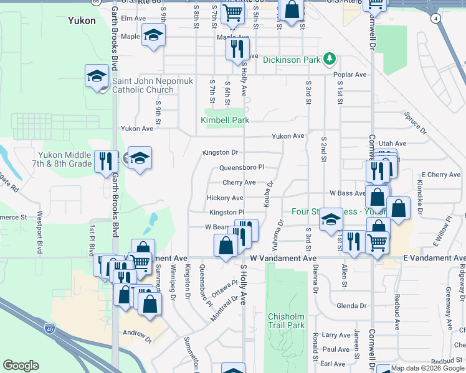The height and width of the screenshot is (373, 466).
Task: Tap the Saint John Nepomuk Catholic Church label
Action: pyautogui.click(x=143, y=85)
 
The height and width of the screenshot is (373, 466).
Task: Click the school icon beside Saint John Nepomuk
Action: pyautogui.click(x=97, y=76)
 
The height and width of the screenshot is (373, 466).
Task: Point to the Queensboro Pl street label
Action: pyautogui.click(x=242, y=168)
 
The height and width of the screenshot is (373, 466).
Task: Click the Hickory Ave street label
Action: pyautogui.click(x=225, y=198)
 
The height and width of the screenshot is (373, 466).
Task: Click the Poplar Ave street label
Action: pyautogui.click(x=350, y=75)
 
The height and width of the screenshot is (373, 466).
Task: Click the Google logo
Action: pyautogui.click(x=21, y=365)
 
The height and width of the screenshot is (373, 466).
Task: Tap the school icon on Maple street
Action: pyautogui.click(x=153, y=37)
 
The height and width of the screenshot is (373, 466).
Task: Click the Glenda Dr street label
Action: pyautogui.click(x=351, y=306)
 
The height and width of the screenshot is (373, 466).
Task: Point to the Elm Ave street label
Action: pyautogui.click(x=133, y=19)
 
